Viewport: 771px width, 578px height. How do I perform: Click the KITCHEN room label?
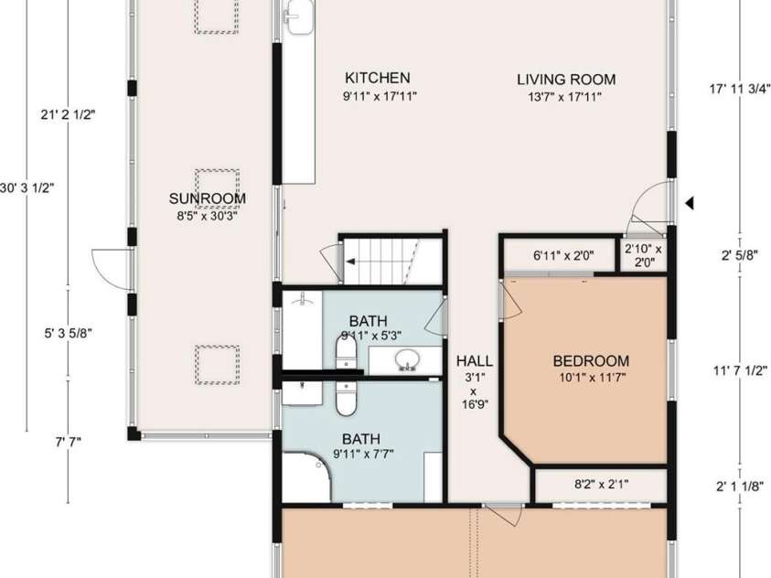point(378,78)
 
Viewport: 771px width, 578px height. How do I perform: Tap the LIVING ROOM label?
point(566,80)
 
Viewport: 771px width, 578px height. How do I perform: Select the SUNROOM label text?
point(207,198)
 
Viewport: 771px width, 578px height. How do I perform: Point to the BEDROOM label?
point(591,360)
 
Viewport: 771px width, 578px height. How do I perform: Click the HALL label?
point(475,360)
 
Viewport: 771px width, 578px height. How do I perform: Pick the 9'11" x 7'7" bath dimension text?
point(363,454)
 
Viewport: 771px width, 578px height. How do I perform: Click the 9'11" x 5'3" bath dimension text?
point(371,336)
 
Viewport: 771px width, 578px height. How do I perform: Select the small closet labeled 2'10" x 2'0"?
point(643,255)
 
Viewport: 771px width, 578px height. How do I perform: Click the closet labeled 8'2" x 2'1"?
point(601,485)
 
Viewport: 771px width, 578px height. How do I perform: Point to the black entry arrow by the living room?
point(690,202)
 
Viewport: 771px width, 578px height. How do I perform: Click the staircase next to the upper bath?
point(391,261)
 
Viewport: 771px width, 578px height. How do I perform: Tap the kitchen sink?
point(298,16)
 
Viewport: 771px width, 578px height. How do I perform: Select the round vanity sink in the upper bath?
point(406,359)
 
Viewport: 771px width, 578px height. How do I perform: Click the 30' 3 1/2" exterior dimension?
point(27,188)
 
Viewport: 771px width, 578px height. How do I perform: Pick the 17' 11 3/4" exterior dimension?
point(739,89)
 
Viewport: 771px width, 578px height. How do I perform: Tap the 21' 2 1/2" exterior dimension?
point(68,115)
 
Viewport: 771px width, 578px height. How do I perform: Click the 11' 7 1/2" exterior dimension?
point(740,370)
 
